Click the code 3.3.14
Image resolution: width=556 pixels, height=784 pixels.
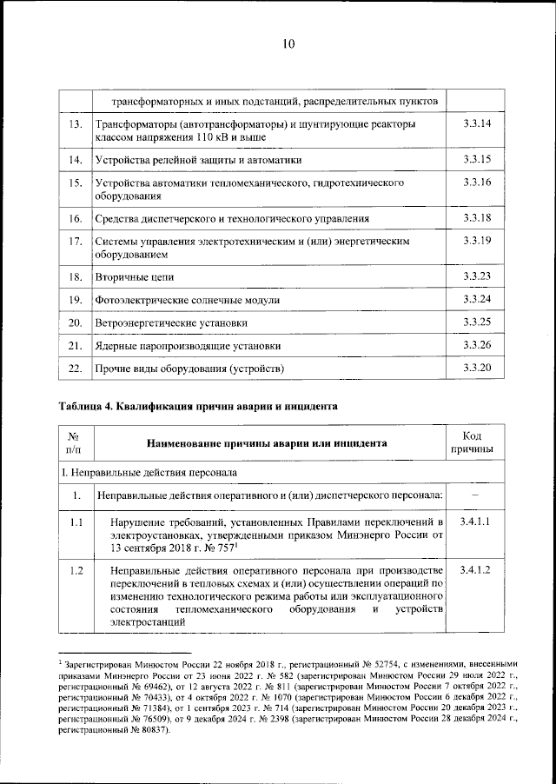click(x=477, y=124)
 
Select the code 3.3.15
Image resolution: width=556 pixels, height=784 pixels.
click(x=477, y=159)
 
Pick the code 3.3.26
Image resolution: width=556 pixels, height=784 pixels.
click(x=477, y=345)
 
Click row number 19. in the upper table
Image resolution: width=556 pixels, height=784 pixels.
click(x=75, y=300)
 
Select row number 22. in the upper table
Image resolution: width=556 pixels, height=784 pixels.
click(x=75, y=369)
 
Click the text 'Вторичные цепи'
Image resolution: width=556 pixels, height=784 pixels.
click(x=135, y=276)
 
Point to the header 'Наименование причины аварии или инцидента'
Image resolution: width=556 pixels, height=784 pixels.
click(x=267, y=442)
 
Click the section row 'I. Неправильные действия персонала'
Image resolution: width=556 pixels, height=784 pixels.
click(x=148, y=472)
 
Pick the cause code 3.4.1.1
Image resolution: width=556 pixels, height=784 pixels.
click(x=475, y=522)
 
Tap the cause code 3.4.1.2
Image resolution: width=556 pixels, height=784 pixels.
click(x=475, y=569)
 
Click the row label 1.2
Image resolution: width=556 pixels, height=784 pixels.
click(x=76, y=569)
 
